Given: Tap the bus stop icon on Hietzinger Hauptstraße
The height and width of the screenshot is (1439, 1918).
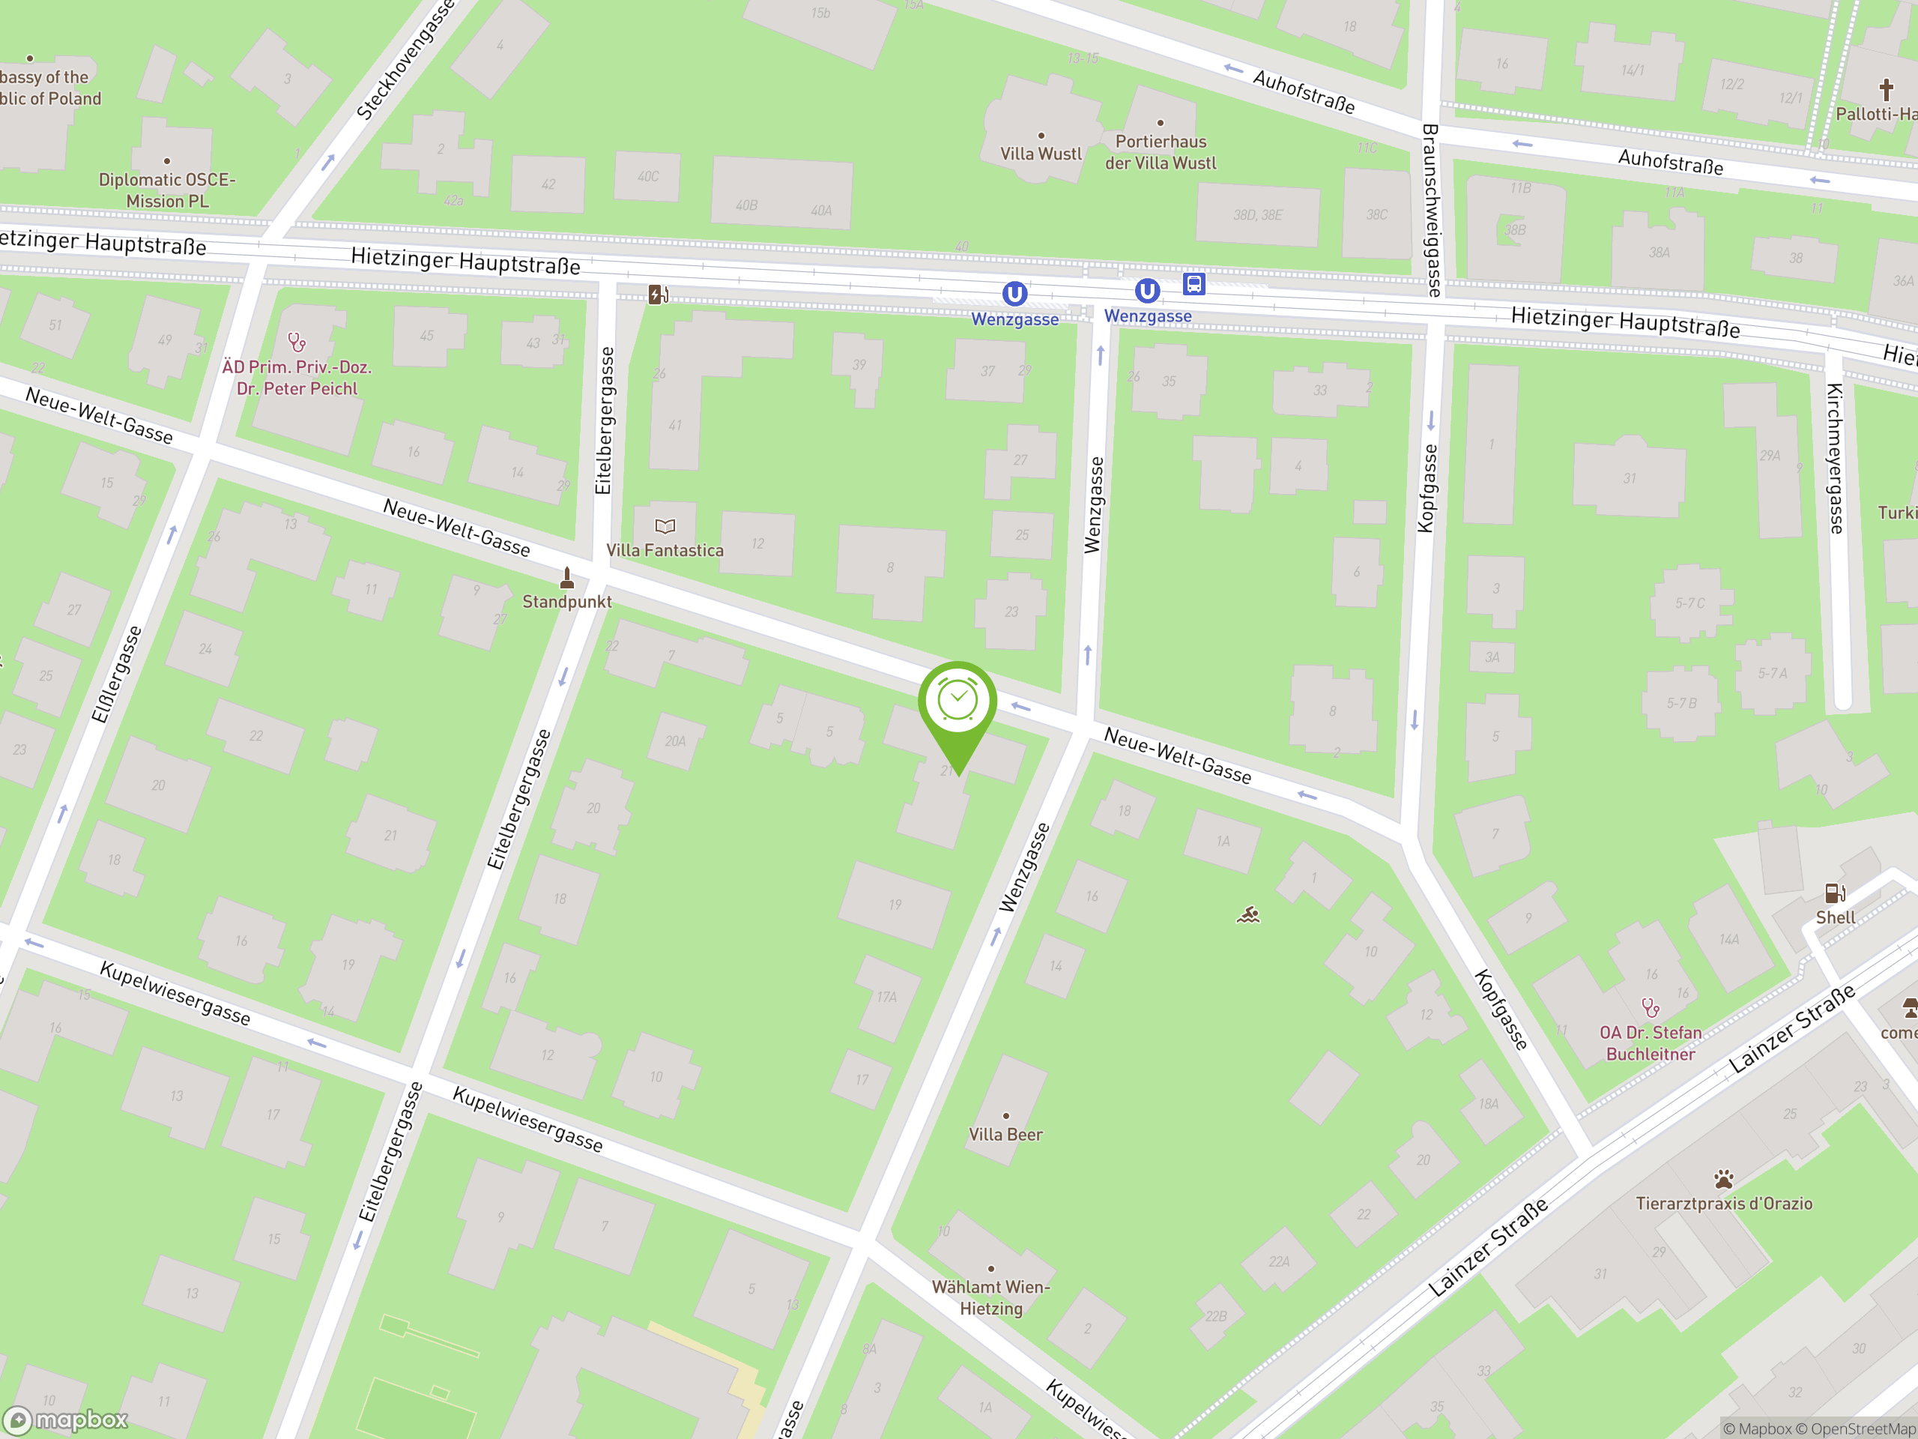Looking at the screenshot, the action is point(1194,283).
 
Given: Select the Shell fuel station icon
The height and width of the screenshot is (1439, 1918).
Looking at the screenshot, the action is point(1835,893).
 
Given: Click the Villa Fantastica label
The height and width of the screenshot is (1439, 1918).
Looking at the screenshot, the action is point(665,550).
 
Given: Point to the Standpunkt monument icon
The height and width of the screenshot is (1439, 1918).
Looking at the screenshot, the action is point(567,578).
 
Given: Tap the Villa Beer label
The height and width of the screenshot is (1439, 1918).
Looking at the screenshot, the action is point(1005,1135).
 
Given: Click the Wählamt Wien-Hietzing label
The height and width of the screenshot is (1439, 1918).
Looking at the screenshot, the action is point(991,1297).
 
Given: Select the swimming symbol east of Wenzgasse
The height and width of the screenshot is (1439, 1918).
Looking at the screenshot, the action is point(1247,915).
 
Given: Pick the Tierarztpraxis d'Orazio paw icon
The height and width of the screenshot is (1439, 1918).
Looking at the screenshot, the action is point(1724,1180).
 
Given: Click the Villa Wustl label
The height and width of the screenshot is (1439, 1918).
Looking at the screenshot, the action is point(1041,154).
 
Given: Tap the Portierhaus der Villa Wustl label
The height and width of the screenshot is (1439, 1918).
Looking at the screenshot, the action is point(1160,152).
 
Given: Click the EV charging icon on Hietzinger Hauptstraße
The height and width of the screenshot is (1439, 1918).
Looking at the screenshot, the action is point(658,295).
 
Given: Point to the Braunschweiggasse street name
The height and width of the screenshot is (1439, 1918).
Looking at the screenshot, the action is point(1431,210).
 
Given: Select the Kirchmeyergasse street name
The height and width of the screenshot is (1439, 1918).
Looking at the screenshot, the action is point(1836,458).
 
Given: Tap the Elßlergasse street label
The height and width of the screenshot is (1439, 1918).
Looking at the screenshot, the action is point(116,674).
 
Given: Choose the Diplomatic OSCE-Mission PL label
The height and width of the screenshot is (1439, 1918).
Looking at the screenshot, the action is point(166,190).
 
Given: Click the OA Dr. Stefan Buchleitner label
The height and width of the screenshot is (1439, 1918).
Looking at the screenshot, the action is point(1650,1043).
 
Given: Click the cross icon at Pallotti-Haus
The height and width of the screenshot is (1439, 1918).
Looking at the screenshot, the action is point(1886,89).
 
